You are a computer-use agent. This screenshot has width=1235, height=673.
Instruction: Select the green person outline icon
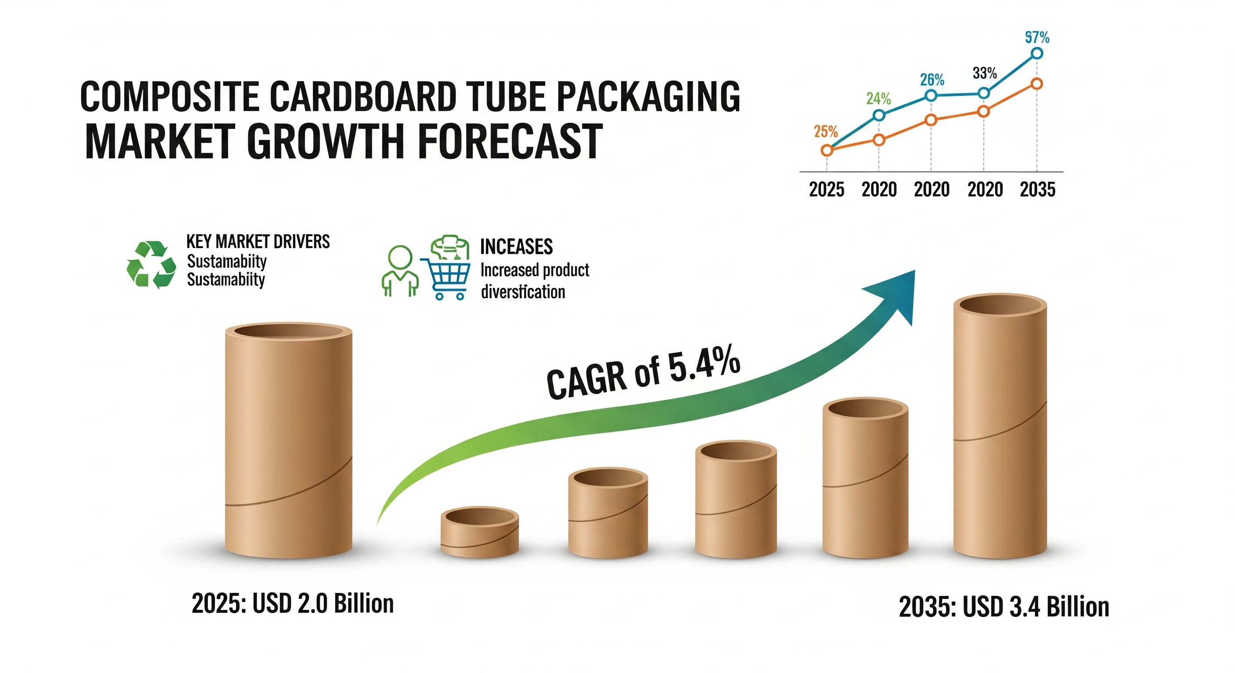tap(400, 271)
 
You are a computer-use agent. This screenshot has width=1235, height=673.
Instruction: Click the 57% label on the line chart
tap(1037, 37)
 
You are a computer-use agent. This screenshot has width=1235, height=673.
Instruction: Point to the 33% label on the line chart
tap(985, 73)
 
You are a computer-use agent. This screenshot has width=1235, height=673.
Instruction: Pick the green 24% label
tap(878, 99)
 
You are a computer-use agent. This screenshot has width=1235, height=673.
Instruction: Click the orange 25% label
tap(825, 131)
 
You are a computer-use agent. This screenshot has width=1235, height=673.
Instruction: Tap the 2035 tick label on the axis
tap(1038, 190)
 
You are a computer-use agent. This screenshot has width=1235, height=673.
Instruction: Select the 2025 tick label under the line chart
tap(827, 190)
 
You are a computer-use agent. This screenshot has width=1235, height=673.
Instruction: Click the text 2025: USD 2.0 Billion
tap(293, 603)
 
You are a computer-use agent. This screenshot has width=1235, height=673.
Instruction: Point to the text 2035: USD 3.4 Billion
tap(1004, 607)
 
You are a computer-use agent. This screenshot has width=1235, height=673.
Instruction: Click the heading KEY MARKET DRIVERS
tap(258, 241)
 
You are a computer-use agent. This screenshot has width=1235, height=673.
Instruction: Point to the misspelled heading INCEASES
tap(516, 247)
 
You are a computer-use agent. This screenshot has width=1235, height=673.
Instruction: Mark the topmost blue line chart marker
tap(1036, 53)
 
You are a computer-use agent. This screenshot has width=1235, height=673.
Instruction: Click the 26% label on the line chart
tap(932, 79)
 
